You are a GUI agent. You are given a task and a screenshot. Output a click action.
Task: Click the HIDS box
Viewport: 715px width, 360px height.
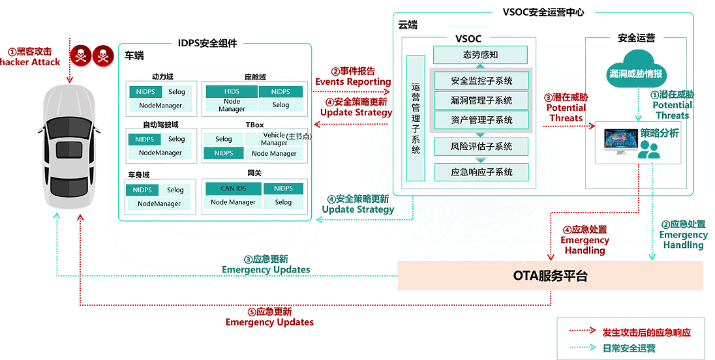click(x=232, y=92)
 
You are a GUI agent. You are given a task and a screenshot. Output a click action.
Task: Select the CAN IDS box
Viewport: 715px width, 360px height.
click(x=233, y=188)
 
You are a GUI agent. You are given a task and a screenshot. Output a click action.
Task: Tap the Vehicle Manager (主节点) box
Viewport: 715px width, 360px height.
click(x=274, y=139)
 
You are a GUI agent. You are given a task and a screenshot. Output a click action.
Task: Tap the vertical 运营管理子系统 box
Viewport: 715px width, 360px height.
click(x=416, y=118)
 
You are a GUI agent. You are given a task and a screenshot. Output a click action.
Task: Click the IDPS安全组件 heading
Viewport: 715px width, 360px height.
click(x=207, y=44)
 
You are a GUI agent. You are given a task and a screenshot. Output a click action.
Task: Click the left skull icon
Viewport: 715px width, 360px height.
click(x=80, y=57)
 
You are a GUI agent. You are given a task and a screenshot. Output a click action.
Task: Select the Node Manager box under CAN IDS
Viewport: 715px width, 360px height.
click(x=233, y=202)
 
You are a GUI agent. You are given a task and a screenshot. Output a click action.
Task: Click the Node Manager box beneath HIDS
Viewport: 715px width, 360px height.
click(x=232, y=106)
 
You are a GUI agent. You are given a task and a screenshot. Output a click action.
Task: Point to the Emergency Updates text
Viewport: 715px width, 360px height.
click(x=266, y=269)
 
